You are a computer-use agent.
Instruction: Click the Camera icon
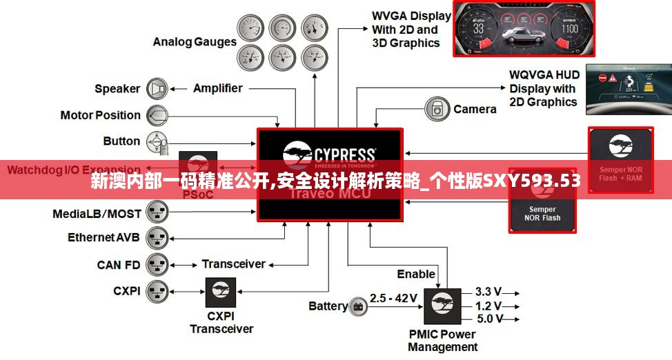437,109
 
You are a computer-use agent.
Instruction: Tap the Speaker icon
158,88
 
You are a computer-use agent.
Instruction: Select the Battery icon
359,306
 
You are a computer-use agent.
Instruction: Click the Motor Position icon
157,115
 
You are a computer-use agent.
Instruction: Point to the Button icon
158,141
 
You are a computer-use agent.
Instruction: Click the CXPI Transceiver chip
221,292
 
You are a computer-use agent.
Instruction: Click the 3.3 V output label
488,291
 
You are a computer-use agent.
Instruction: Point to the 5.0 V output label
488,319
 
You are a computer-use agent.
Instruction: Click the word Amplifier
217,88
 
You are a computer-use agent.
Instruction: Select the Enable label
416,274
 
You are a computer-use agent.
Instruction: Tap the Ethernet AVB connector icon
158,238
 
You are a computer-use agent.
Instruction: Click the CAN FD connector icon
158,264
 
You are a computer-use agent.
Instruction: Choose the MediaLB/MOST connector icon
158,213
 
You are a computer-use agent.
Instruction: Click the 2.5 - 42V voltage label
393,298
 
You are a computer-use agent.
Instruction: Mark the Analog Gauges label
195,41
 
